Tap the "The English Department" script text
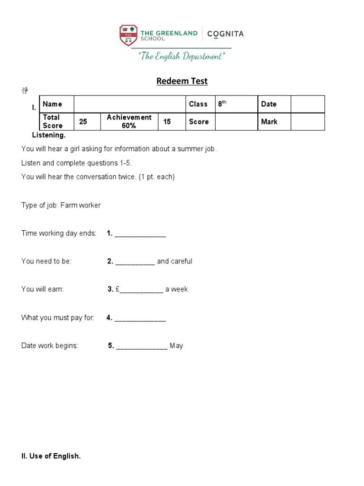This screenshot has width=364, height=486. (x=182, y=56)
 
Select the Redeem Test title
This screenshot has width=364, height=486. (x=182, y=81)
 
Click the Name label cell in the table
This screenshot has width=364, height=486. (x=56, y=104)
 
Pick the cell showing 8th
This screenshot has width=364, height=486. (x=236, y=104)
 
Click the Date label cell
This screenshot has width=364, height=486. (x=273, y=104)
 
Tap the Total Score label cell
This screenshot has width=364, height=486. (x=56, y=121)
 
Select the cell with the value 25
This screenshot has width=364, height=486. (x=88, y=121)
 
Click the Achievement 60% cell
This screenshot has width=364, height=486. (x=129, y=121)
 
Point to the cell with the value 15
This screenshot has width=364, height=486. (x=171, y=121)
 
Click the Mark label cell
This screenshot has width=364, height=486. (x=273, y=121)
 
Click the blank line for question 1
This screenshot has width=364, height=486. (x=140, y=234)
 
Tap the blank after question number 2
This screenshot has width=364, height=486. (x=135, y=262)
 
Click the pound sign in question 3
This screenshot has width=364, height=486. (x=117, y=289)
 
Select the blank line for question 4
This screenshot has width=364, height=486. (x=140, y=318)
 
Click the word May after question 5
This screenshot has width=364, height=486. (x=176, y=346)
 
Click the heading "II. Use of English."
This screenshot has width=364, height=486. (x=51, y=456)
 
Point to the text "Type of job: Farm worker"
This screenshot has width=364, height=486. (x=61, y=205)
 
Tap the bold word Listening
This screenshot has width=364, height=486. (x=49, y=135)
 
